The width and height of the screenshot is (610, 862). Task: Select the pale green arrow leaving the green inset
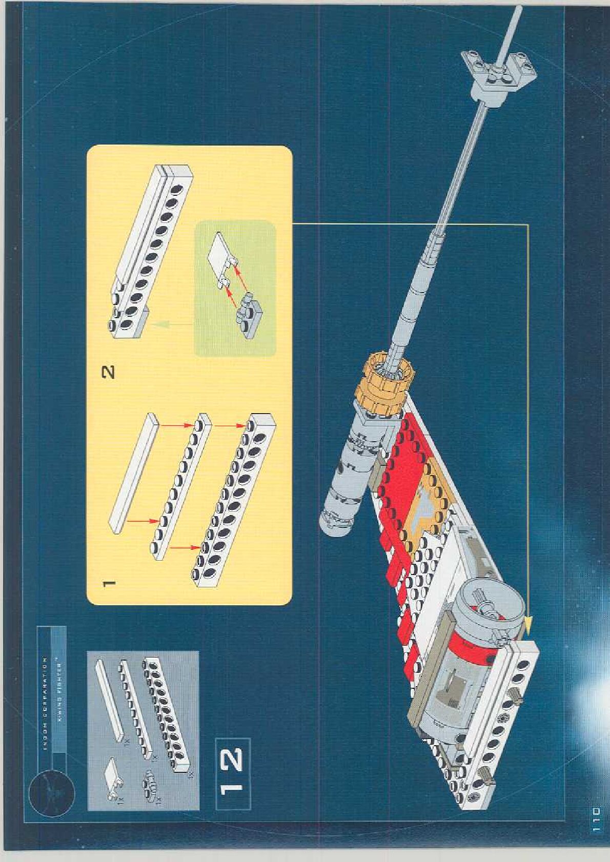click(172, 323)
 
